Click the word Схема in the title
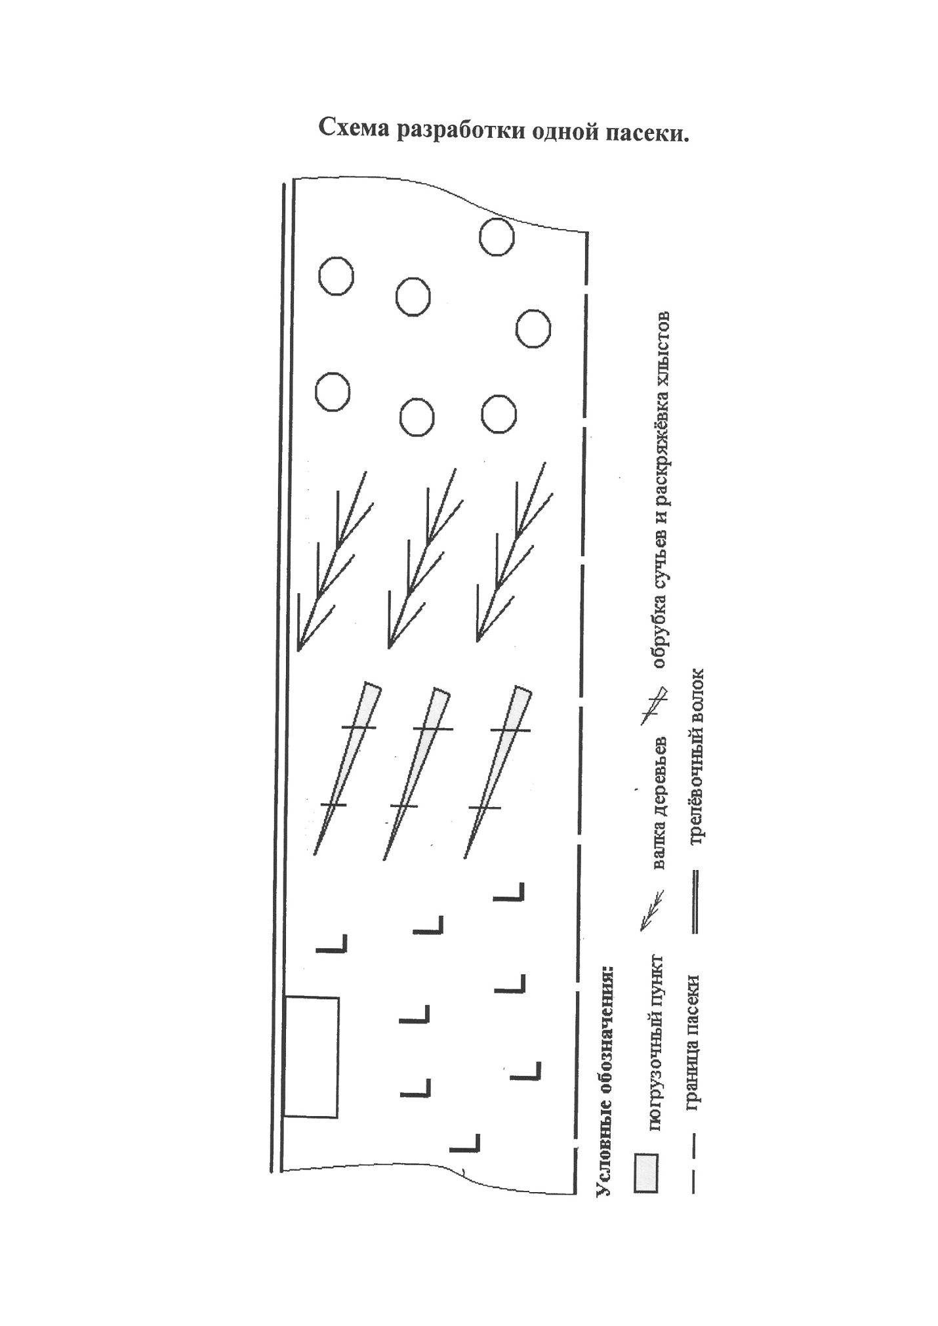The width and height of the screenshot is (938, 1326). click(x=353, y=129)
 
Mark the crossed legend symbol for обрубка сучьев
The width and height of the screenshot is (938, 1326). click(x=653, y=705)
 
